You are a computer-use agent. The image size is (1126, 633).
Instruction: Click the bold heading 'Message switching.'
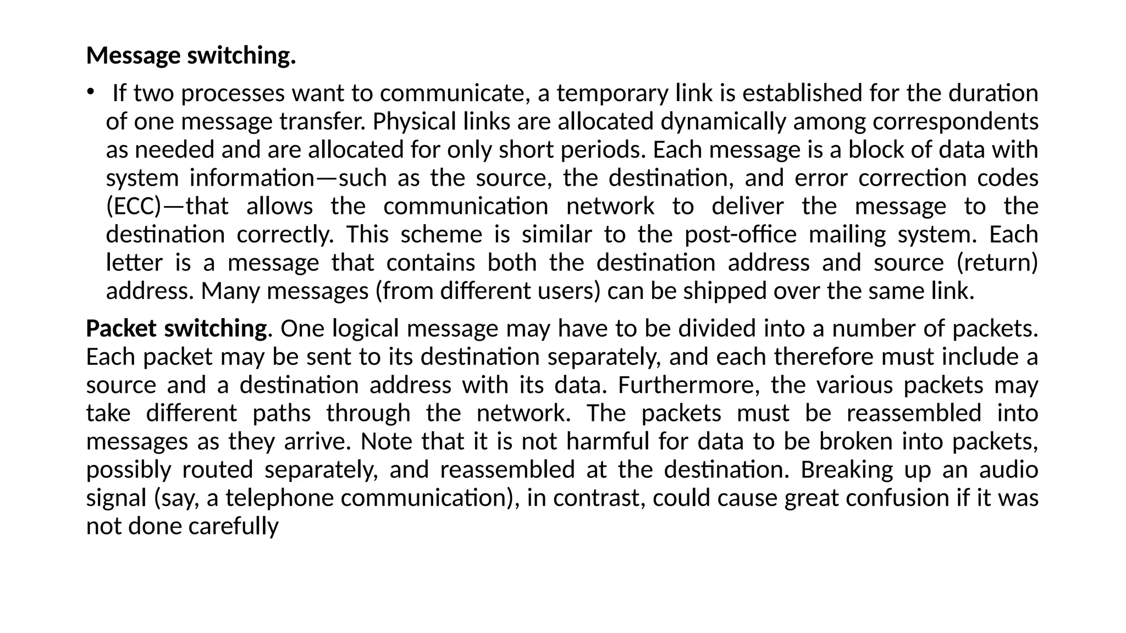(x=191, y=55)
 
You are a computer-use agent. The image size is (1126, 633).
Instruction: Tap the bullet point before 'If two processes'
(x=90, y=92)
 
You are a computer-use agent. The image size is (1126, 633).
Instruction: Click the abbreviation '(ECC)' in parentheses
(x=134, y=207)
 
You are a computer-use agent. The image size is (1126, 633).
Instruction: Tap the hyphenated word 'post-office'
(x=741, y=235)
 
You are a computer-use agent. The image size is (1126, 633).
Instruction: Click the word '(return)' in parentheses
(x=997, y=263)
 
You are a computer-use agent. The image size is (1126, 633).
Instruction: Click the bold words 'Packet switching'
(x=176, y=329)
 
